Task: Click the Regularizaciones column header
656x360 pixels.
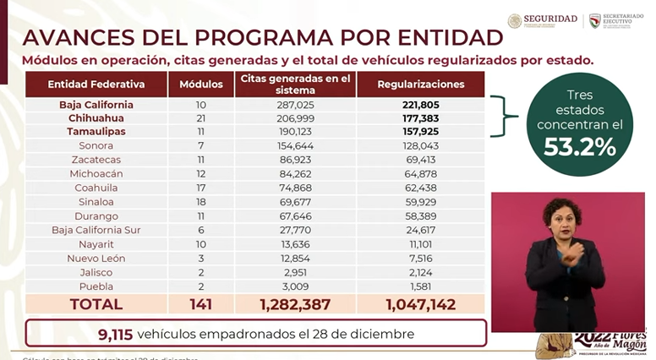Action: [x=421, y=85]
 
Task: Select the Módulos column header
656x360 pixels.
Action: [x=201, y=85]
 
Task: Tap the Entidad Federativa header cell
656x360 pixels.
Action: [x=96, y=85]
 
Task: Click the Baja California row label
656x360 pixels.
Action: [x=96, y=106]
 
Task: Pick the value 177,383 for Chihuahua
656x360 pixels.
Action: [x=421, y=118]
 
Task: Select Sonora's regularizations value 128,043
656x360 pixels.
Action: [x=421, y=145]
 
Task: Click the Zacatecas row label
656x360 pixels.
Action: [x=96, y=160]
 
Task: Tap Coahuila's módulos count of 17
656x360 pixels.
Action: [x=201, y=188]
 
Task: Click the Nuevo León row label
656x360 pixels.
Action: [x=96, y=258]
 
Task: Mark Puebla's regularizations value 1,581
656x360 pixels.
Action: [x=421, y=286]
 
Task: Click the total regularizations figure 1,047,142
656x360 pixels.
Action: [x=421, y=303]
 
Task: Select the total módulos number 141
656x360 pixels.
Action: [x=201, y=303]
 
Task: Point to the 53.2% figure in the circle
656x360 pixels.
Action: [x=580, y=148]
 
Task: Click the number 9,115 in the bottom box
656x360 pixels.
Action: [x=116, y=334]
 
